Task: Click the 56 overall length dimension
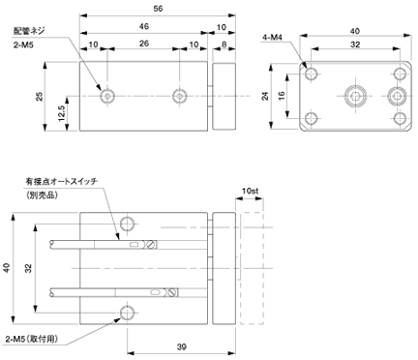pos(158,9)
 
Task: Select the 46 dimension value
pos(144,26)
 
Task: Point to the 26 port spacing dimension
pos(144,43)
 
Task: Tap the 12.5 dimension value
pos(62,113)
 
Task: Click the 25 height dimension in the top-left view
pos(40,97)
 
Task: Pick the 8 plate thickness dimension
pos(224,44)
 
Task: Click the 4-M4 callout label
pos(272,38)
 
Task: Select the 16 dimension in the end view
pos(282,96)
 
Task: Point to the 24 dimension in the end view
pos(265,96)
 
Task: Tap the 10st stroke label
pos(251,191)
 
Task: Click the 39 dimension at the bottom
pos(182,347)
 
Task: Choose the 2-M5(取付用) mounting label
pos(32,339)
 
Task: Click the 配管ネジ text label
pos(29,31)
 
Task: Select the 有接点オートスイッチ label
pos(62,181)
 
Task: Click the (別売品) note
pos(42,195)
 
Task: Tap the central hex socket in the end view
pos(355,96)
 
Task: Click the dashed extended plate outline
pos(252,268)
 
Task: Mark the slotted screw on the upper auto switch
pos(151,245)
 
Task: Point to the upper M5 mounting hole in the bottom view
pos(128,224)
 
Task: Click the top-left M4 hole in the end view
pos(311,74)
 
